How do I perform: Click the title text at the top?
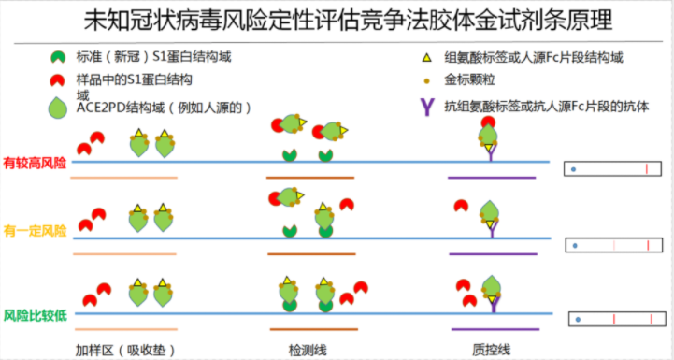337,18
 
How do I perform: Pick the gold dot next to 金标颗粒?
427,82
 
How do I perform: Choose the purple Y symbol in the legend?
426,105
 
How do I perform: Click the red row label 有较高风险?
35,163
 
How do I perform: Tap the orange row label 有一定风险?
35,230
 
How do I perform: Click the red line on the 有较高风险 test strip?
647,168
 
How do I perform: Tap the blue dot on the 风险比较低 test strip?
579,320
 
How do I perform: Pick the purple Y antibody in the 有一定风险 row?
489,226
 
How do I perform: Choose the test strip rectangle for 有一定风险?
614,246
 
